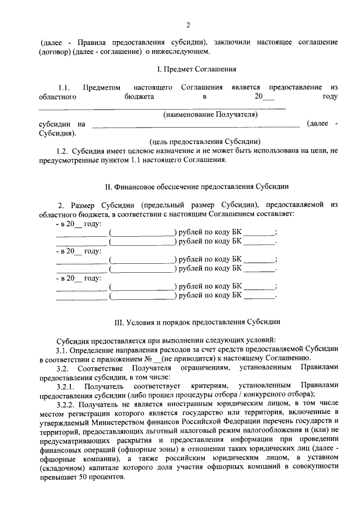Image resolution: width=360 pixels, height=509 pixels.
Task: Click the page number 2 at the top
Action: tap(188, 24)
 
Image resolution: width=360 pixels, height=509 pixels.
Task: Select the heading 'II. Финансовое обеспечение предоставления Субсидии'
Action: tap(188, 186)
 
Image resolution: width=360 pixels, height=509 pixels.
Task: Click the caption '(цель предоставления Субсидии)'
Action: tap(205, 142)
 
